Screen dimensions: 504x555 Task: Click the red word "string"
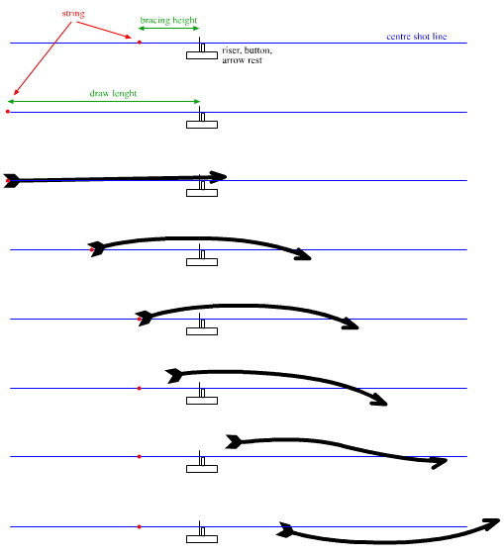(73, 14)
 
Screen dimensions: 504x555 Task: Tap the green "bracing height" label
(168, 20)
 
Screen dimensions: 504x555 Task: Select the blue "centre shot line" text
(417, 36)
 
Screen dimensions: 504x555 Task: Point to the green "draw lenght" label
(113, 93)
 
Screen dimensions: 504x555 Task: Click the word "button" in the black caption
(257, 50)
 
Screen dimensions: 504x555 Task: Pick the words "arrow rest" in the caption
(242, 60)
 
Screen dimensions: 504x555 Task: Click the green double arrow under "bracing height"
(168, 29)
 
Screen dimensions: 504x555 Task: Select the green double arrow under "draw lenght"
(104, 102)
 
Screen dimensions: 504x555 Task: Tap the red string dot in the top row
(140, 43)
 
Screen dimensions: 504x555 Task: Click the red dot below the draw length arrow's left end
(8, 112)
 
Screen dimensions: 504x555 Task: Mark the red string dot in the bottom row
(140, 526)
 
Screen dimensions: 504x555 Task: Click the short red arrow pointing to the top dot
(104, 30)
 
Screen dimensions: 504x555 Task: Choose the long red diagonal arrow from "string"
(43, 58)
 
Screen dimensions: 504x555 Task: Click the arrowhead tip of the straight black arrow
(227, 176)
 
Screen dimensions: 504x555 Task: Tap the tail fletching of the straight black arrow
(11, 180)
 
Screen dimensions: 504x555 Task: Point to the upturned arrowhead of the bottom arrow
(493, 523)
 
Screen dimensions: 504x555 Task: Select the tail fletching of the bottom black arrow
(285, 529)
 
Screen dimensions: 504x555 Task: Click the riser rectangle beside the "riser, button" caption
(202, 55)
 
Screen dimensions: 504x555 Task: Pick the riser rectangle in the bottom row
(202, 539)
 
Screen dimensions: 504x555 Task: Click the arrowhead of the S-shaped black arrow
(440, 462)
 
